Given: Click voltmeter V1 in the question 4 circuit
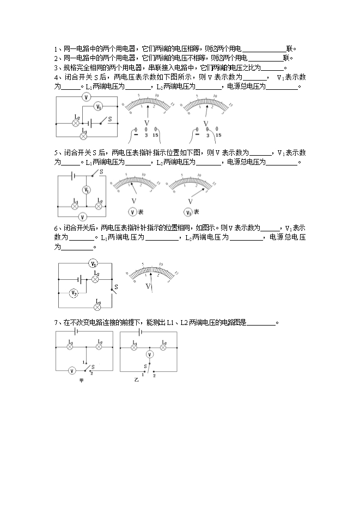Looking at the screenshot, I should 99,107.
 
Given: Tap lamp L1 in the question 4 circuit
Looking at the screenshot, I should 84,136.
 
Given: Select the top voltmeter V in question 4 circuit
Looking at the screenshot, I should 86,97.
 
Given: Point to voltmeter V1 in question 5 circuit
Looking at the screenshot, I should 86,190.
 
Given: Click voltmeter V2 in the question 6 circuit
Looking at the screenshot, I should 75,293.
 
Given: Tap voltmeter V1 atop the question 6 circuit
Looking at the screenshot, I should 94,264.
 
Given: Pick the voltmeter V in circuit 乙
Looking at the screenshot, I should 151,354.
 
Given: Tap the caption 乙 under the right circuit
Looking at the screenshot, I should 137,379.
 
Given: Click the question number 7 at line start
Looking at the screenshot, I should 56,322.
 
